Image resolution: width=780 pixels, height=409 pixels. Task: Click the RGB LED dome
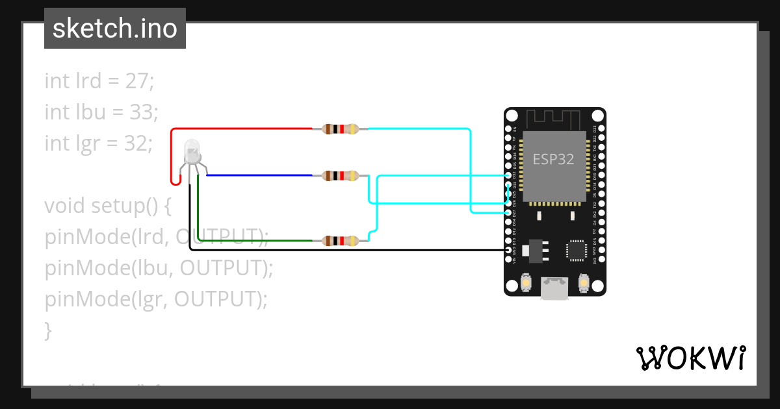(x=192, y=151)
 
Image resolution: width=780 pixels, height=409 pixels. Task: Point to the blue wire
(x=260, y=175)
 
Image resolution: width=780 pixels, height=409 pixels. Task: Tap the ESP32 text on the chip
(x=553, y=159)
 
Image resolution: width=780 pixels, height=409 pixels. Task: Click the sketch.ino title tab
(x=115, y=29)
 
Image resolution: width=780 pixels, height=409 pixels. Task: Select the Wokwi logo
(x=690, y=358)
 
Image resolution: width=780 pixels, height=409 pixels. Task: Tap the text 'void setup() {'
(x=107, y=206)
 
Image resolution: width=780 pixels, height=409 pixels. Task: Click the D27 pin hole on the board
(x=508, y=213)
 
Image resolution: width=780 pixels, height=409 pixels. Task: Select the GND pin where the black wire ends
(x=508, y=250)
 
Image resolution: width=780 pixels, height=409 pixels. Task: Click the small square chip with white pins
(x=576, y=250)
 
